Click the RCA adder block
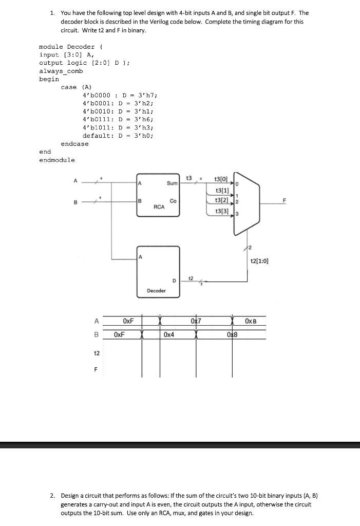(158, 201)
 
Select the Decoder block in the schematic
(158, 272)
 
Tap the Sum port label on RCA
(172, 183)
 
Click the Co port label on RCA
(173, 201)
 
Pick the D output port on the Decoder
(175, 281)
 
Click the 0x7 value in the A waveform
(195, 321)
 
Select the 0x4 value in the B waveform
(169, 334)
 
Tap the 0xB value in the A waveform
(251, 321)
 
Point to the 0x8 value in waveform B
(232, 334)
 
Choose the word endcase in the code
(74, 144)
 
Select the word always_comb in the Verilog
(61, 71)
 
